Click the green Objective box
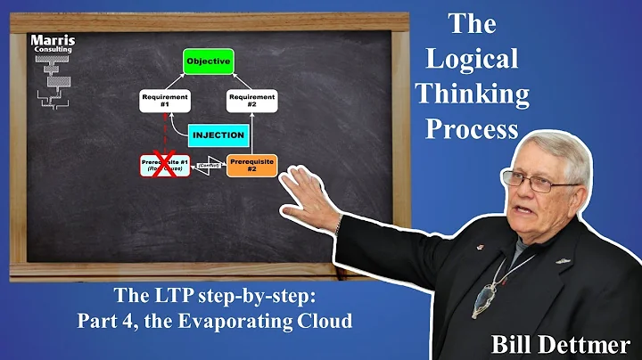pyautogui.click(x=208, y=61)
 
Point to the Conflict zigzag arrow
pyautogui.click(x=207, y=167)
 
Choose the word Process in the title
pyautogui.click(x=472, y=128)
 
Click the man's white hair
pyautogui.click(x=553, y=151)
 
